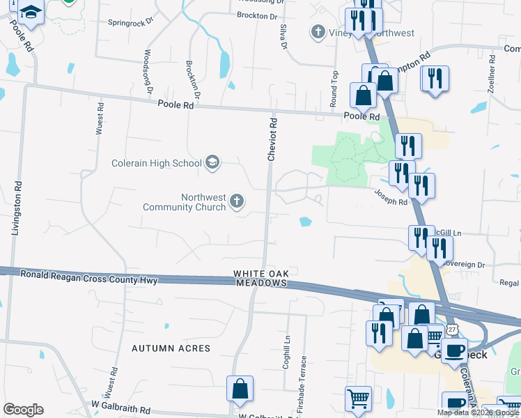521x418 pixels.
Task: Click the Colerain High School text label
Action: [x=156, y=164]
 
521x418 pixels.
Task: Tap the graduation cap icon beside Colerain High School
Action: [x=212, y=164]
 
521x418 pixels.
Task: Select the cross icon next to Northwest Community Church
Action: [x=237, y=202]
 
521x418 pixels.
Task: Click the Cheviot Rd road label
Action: [x=273, y=139]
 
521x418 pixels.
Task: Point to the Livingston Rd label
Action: [x=15, y=209]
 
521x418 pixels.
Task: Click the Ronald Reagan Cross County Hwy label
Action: [x=89, y=278]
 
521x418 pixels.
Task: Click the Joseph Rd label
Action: [x=390, y=198]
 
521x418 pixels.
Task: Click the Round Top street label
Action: [x=334, y=88]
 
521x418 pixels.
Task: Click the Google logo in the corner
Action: [x=23, y=410]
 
